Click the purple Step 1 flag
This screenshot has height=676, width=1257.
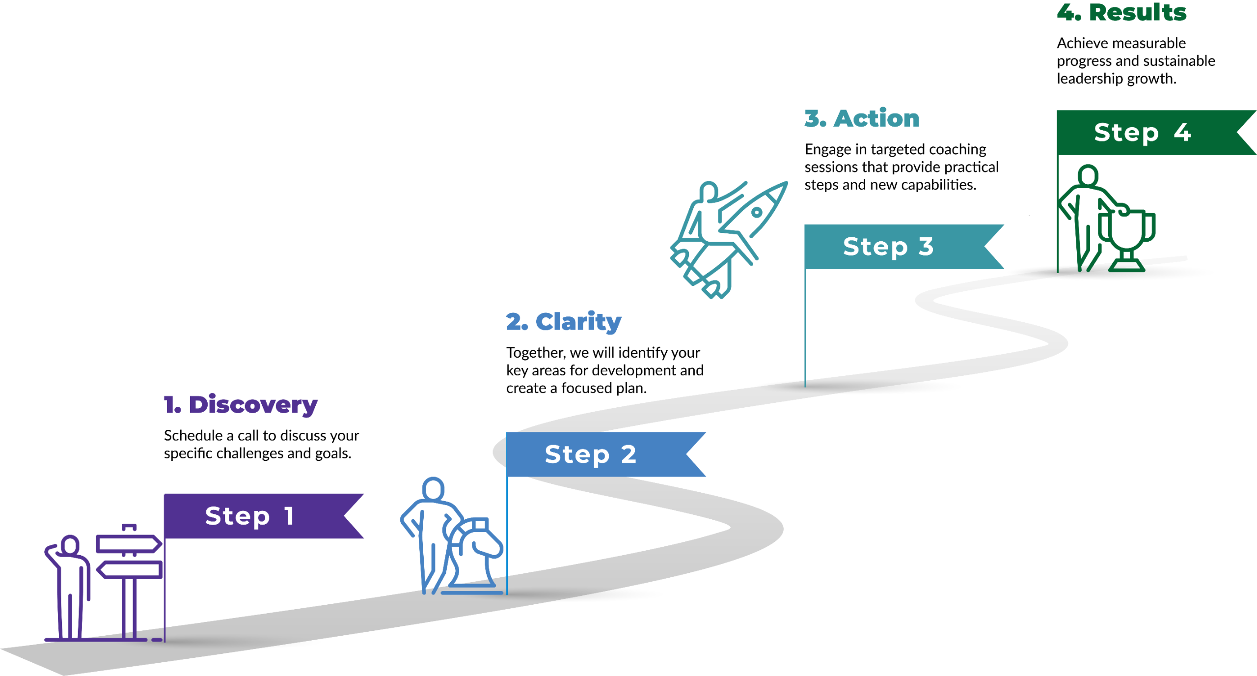(255, 516)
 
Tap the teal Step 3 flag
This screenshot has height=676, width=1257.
(894, 247)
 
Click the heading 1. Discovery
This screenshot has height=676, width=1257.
(241, 405)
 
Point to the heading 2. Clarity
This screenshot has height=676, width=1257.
(564, 322)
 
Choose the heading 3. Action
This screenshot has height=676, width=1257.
(862, 118)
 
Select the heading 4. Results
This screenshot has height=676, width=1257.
(1122, 12)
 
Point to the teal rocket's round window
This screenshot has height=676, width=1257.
(757, 213)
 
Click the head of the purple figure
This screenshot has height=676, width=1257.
(70, 545)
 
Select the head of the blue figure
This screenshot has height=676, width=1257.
(433, 489)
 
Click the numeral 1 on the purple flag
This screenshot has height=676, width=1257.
(289, 516)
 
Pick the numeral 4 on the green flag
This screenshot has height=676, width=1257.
(1182, 132)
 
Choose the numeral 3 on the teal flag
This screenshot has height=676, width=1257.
(926, 247)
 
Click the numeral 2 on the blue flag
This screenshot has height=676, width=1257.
(628, 454)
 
